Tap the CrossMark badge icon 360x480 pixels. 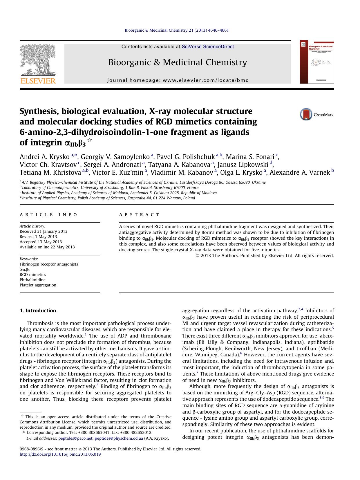click(x=306, y=114)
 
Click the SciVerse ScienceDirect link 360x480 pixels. click(x=208, y=47)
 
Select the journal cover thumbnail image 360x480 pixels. click(x=317, y=62)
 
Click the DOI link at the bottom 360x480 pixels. click(x=60, y=454)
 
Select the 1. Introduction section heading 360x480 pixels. click(x=38, y=311)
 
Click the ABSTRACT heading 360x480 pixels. click(x=139, y=215)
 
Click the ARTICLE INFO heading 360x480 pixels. click(x=48, y=215)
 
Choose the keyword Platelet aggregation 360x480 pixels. click(x=38, y=285)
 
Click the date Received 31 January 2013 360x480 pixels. click(x=44, y=231)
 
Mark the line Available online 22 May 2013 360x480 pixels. click(x=47, y=247)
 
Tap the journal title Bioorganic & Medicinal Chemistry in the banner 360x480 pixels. click(x=178, y=62)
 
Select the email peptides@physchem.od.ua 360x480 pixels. click(x=119, y=438)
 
